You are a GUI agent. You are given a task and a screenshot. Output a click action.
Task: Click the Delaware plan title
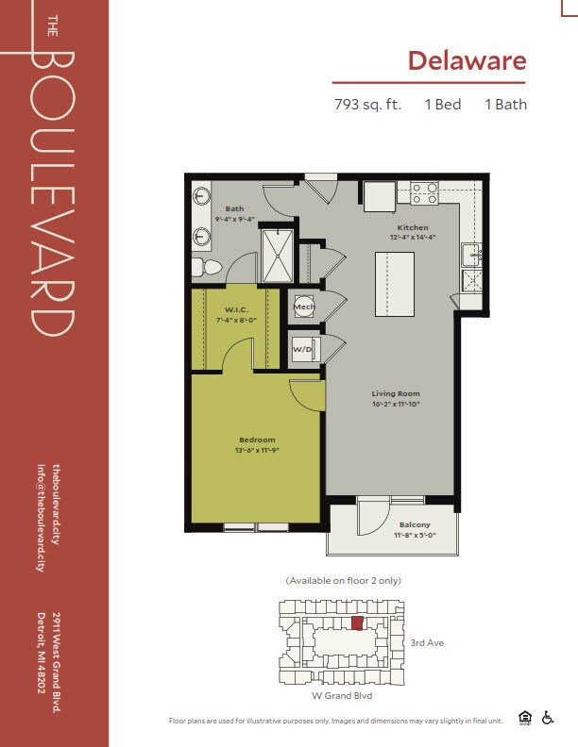coord(467,60)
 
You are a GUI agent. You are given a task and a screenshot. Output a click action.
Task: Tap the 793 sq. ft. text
coord(367,105)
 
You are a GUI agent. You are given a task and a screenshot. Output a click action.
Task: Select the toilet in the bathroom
coord(207,267)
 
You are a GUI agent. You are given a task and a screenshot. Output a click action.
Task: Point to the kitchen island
coord(395,285)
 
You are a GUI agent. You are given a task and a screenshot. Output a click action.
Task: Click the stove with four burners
coord(424,193)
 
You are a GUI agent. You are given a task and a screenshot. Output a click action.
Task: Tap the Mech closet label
coord(304,307)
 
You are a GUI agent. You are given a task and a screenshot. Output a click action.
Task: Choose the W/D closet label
coord(302,349)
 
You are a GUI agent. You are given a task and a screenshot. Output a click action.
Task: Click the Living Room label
coord(396,393)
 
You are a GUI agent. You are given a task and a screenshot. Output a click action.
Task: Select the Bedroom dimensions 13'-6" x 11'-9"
coord(257,450)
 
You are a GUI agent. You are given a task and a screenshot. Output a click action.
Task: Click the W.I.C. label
coord(236,309)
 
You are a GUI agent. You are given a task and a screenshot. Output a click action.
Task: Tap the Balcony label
coord(415,524)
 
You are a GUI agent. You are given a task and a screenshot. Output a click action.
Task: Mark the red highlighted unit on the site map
coord(357,622)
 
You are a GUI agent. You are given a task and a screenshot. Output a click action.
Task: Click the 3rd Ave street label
coord(427,642)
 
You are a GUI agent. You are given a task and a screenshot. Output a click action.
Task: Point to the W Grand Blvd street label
coord(342,695)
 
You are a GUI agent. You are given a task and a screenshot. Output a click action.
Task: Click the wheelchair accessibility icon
coord(548,718)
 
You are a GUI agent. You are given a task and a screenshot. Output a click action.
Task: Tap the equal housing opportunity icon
coord(525,718)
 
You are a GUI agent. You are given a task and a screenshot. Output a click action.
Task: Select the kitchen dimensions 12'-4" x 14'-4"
coord(413,237)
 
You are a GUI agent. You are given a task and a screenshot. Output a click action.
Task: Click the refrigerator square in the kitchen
coord(380,196)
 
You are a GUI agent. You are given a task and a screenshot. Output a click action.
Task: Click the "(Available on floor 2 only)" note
coord(344,581)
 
